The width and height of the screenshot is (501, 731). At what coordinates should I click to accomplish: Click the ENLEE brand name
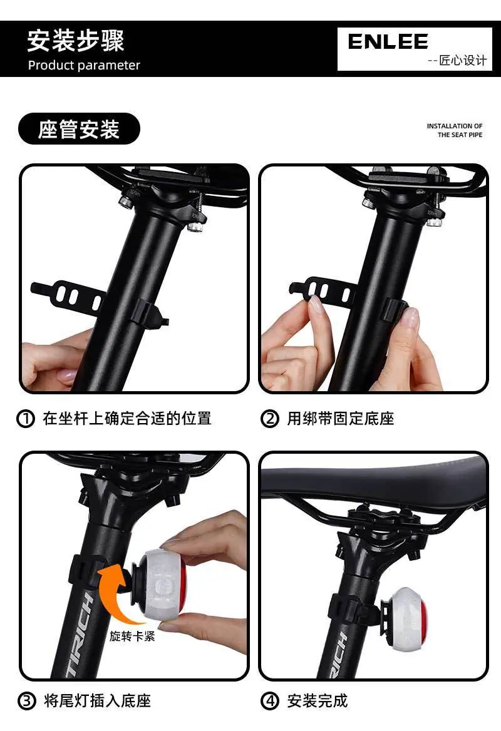point(388,42)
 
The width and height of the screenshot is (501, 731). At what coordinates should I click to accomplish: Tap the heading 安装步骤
point(76,41)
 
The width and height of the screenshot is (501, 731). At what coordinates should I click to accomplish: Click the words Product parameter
point(84,65)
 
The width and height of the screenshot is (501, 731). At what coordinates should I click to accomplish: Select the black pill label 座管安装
point(79,129)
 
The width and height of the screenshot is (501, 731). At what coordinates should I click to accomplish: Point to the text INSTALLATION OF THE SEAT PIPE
point(455,131)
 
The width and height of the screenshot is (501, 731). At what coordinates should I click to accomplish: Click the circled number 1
point(26,419)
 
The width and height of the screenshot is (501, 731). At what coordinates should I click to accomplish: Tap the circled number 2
point(270,419)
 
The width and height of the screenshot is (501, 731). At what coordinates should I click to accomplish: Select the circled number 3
point(26,701)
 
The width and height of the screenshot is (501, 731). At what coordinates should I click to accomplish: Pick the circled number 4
point(270,701)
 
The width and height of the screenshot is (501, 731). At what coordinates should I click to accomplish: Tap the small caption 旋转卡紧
point(133,636)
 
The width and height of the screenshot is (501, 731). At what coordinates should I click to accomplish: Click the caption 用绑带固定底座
point(341,419)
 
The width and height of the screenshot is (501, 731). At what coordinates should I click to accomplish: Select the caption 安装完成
point(318,701)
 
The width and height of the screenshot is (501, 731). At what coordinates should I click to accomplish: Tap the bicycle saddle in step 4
point(374,483)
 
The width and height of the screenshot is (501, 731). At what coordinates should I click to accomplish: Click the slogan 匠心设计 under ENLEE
point(463,61)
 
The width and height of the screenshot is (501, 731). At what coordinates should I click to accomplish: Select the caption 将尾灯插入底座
point(97,701)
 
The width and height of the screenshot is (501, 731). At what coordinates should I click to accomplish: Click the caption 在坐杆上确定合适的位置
point(127,419)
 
